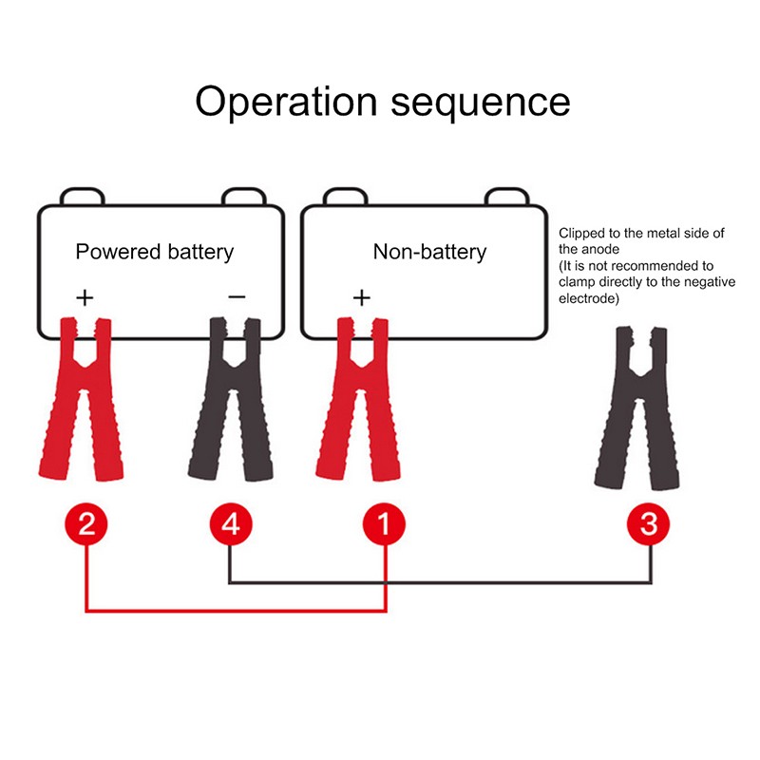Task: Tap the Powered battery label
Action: pyautogui.click(x=154, y=252)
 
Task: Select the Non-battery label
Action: pyautogui.click(x=429, y=252)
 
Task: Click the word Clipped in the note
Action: pyautogui.click(x=579, y=233)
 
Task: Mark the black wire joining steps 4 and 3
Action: pyautogui.click(x=437, y=581)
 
